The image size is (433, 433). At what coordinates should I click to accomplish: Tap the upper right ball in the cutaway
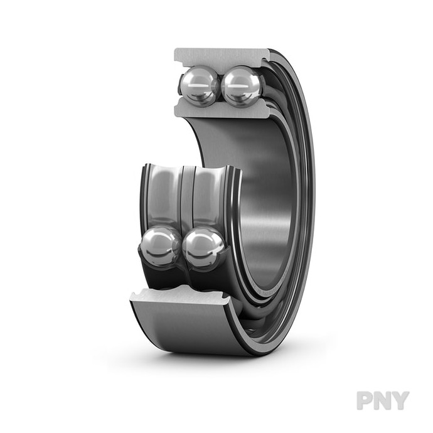click(x=241, y=86)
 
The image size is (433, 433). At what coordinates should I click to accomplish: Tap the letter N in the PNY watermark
click(x=385, y=401)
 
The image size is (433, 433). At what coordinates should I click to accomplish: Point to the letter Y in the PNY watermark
click(x=401, y=401)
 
